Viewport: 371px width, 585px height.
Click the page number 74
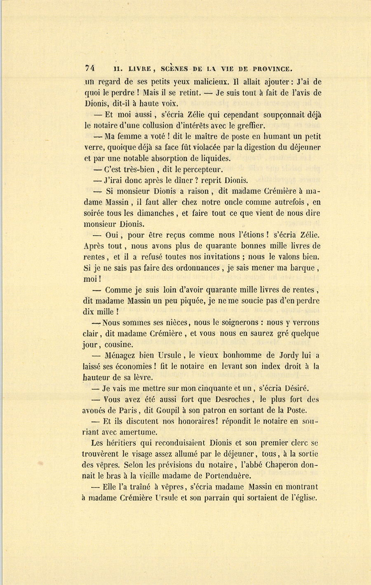point(90,68)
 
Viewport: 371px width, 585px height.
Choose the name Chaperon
point(282,465)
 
